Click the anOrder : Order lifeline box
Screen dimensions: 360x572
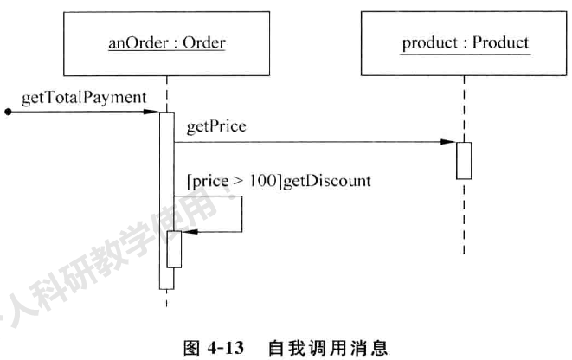pos(165,42)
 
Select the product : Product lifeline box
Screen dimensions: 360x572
pos(465,42)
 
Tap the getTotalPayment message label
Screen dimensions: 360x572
pos(84,97)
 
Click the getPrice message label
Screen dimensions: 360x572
pos(216,126)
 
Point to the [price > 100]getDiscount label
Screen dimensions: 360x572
pos(279,181)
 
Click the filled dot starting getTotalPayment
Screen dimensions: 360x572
pos(8,112)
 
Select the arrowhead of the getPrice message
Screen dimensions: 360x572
pos(450,141)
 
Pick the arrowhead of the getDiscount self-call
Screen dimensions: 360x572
pos(191,232)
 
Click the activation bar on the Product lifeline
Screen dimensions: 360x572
pos(464,160)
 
